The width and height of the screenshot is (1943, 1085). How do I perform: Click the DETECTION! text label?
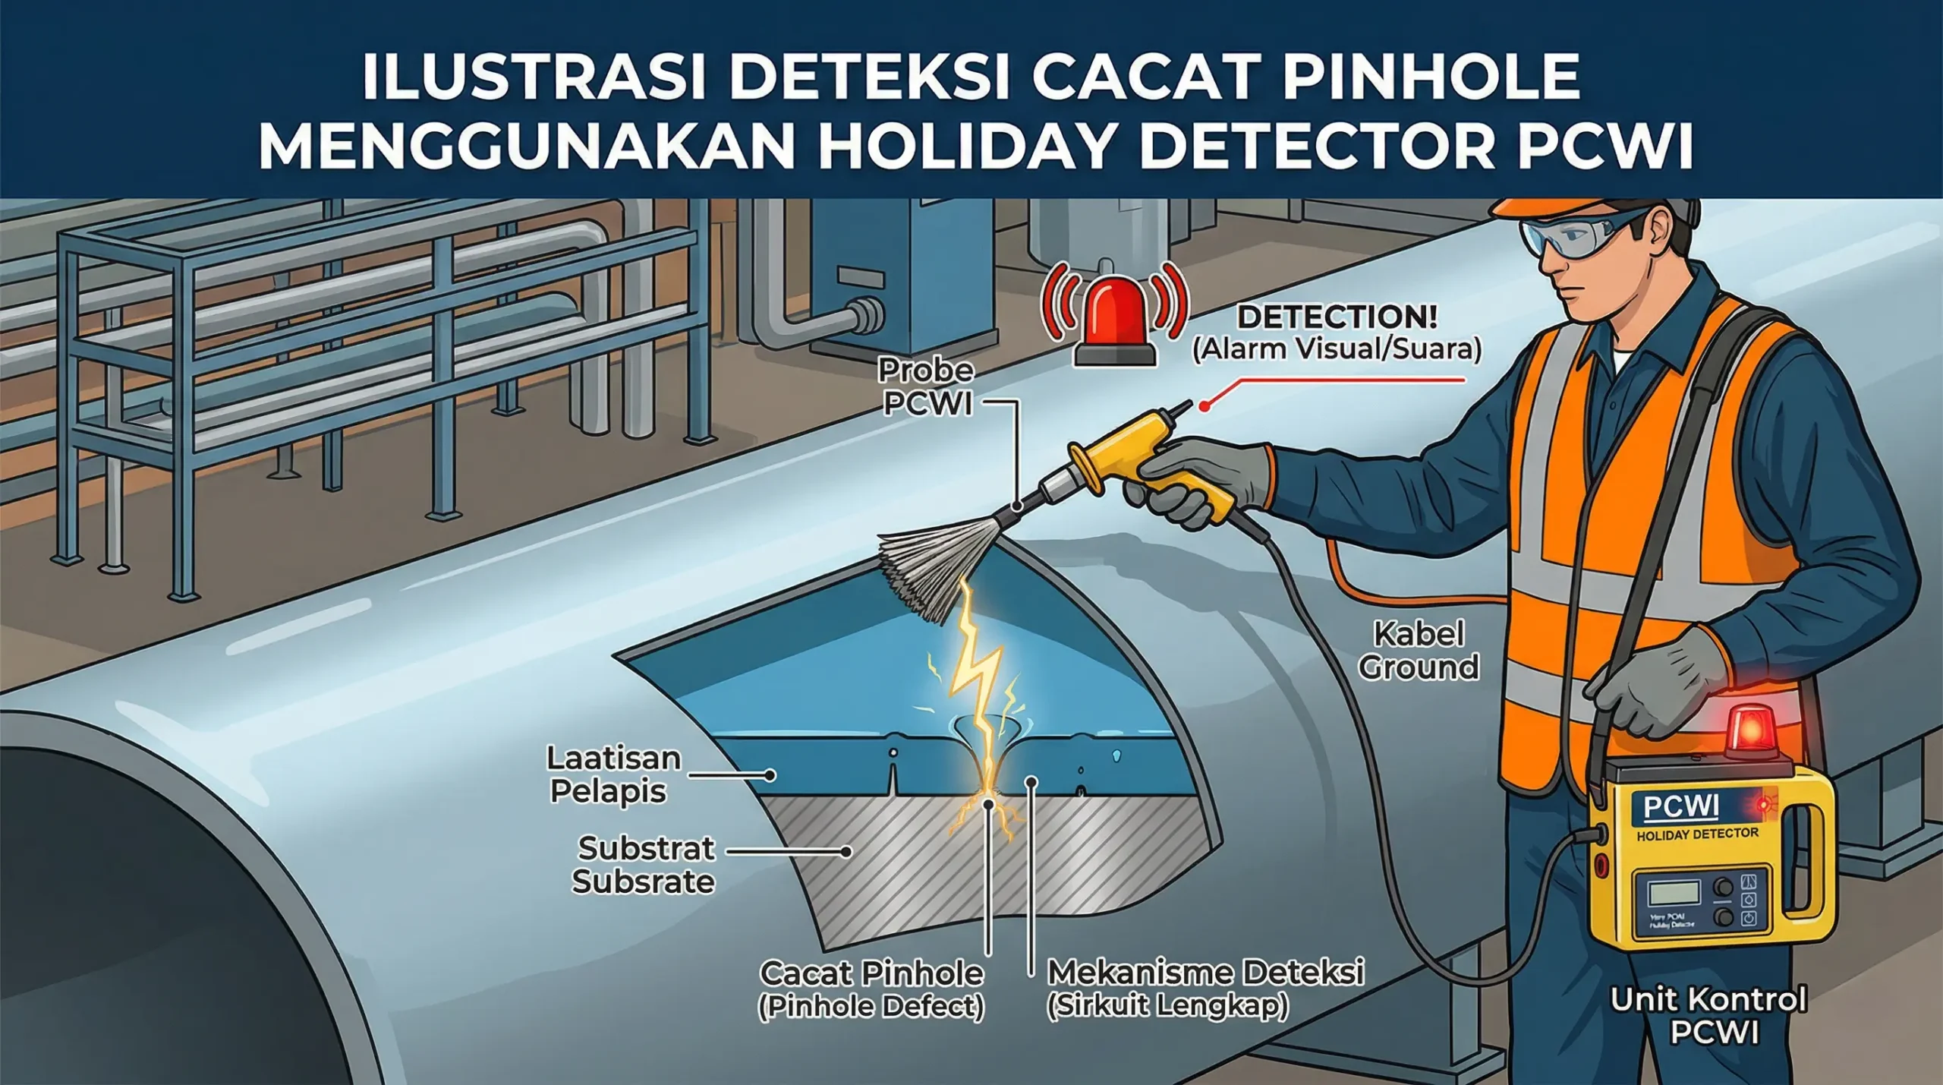(1337, 317)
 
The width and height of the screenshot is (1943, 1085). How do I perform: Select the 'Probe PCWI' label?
(927, 386)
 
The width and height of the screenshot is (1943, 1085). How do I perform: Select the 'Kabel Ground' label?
(1418, 651)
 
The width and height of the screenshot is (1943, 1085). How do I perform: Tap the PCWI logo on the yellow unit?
(1680, 806)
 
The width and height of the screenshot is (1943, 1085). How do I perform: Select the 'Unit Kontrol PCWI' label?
(1708, 1015)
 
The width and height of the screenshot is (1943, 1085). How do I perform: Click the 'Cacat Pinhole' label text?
(871, 973)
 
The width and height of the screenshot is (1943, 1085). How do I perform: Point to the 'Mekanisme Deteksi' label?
(1205, 972)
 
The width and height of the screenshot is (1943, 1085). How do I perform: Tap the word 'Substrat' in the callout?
(646, 848)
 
